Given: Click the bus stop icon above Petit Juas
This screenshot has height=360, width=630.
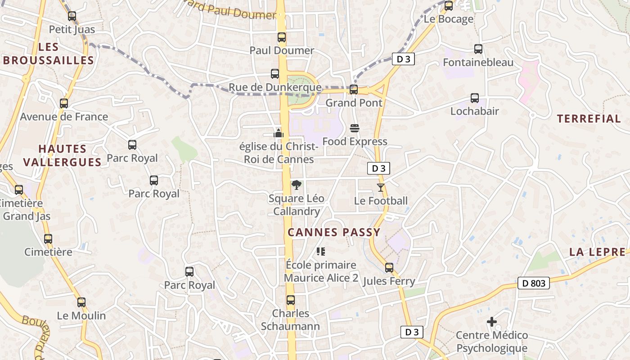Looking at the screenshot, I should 72,16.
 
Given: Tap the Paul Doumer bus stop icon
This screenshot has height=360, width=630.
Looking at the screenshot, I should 282,37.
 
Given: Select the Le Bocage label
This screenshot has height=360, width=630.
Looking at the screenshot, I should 449,19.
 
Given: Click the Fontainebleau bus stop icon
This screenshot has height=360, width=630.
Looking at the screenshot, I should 478,49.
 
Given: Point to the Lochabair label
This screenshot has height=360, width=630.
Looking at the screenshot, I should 474,111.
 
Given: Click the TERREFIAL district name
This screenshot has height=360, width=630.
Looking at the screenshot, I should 589,119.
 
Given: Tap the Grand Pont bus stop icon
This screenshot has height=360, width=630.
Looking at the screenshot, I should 354,90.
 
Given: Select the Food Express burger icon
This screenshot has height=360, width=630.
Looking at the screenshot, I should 355,128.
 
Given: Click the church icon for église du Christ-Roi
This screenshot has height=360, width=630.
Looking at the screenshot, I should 279,133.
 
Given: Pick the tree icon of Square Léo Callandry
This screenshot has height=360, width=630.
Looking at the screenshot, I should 296,184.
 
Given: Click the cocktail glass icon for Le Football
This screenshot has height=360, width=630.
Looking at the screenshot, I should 381,187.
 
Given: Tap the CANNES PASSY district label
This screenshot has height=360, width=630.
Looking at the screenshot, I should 334,232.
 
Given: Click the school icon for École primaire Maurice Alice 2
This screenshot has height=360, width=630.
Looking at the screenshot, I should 320,251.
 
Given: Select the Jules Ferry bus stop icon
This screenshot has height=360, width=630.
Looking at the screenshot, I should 389,268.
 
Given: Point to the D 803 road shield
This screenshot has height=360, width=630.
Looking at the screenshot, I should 534,283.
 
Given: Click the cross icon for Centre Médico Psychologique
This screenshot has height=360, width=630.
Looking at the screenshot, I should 492,322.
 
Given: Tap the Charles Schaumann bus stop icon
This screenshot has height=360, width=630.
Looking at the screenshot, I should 291,300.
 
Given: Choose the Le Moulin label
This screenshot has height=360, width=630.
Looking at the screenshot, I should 81,315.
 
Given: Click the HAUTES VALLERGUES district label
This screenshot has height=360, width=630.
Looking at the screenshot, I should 62,155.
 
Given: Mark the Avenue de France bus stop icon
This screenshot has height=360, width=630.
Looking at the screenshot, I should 64,103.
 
